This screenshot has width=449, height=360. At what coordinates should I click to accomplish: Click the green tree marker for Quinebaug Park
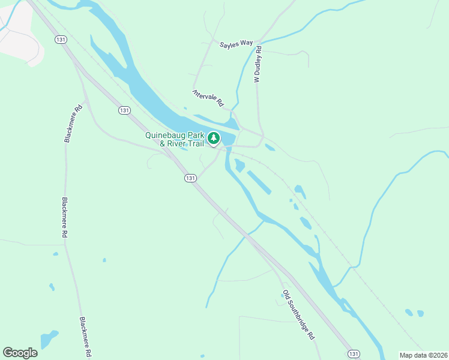213,139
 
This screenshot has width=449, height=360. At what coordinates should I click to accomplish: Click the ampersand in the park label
161,143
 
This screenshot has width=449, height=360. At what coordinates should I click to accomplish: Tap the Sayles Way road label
236,44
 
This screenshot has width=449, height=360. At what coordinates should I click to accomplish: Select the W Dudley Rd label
258,64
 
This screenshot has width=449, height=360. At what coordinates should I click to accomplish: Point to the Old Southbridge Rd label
299,316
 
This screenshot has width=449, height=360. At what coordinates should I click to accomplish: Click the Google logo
20,353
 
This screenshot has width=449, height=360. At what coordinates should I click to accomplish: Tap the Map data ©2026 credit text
423,355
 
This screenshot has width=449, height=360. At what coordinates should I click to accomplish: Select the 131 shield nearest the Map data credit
355,353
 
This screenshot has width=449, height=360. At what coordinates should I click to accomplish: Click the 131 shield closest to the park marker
190,178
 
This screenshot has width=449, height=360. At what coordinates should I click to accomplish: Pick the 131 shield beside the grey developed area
60,39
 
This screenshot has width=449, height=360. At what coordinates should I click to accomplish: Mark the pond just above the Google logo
49,338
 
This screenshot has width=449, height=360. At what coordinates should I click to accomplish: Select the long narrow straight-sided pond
258,182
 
